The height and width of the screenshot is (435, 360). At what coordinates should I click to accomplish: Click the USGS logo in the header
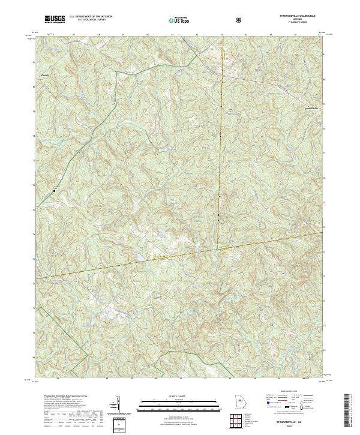click(x=55, y=20)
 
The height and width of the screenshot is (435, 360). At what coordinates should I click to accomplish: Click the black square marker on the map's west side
click(x=54, y=191)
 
